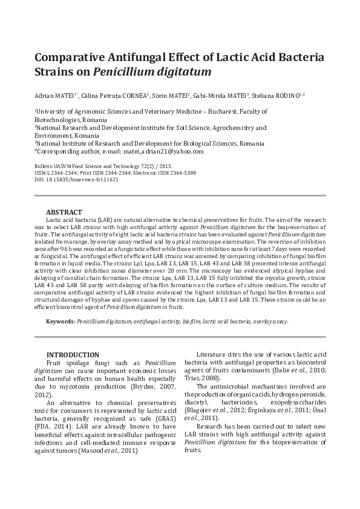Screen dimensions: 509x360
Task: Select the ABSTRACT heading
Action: point(64,213)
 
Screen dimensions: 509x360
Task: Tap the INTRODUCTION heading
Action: point(73,354)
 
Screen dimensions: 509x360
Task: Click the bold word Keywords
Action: point(60,321)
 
